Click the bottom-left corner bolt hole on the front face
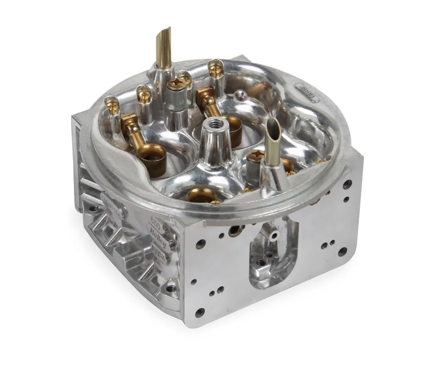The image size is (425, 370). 200,312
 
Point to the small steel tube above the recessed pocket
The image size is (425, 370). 274,235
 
